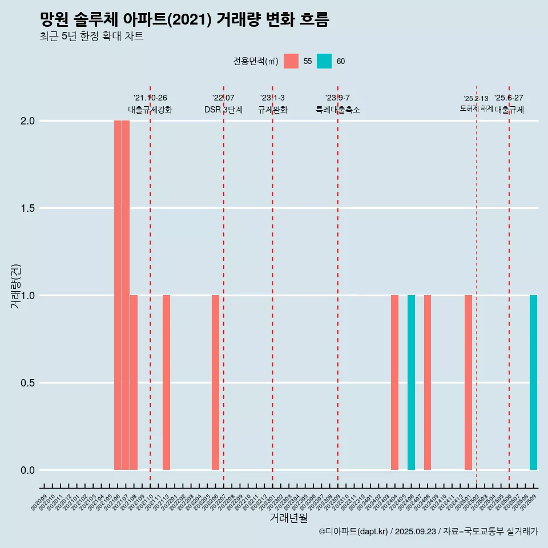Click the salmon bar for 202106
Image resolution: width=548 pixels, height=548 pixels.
118,295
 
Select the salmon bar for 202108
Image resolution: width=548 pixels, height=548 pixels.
134,382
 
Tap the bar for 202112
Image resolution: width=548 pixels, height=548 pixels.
166,382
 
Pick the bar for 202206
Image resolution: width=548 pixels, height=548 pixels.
215,382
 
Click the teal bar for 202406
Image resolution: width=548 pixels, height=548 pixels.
411,382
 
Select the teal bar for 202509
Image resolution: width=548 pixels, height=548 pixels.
533,382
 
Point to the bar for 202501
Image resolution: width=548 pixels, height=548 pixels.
468,382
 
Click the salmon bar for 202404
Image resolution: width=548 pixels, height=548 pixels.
394,382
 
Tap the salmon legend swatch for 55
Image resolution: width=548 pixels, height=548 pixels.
291,61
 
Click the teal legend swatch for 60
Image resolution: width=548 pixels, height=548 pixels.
324,61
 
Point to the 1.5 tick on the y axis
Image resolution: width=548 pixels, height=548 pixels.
27,208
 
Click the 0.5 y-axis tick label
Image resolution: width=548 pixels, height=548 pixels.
27,383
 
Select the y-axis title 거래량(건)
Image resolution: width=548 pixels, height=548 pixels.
15,286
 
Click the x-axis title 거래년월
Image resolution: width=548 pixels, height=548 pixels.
288,518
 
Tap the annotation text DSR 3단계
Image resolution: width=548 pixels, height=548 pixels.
223,110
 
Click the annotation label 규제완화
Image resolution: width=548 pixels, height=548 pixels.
272,110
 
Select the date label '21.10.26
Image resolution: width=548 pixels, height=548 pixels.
150,98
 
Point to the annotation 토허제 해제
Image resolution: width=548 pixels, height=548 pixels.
476,108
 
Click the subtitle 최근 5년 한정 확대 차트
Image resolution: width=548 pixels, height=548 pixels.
91,37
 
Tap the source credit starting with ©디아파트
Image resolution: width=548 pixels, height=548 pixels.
428,532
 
